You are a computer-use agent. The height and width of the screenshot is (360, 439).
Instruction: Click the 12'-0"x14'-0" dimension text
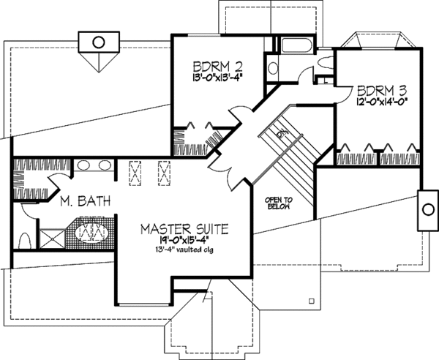(x=380, y=105)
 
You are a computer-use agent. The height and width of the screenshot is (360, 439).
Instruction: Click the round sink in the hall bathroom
(x=273, y=68)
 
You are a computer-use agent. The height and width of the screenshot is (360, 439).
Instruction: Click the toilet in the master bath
(x=24, y=239)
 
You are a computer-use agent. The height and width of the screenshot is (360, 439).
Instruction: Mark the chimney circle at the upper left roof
(x=97, y=41)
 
